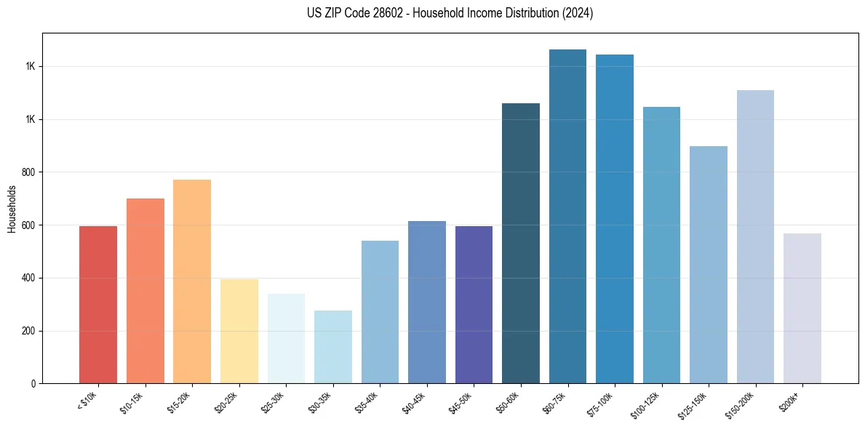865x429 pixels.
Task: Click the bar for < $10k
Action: (x=98, y=305)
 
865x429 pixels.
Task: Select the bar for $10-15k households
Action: (x=146, y=291)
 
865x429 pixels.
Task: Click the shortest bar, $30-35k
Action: (x=333, y=347)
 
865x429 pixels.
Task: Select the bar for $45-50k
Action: (x=474, y=305)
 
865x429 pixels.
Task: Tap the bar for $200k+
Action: (x=802, y=308)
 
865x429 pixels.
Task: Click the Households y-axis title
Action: (x=12, y=209)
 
